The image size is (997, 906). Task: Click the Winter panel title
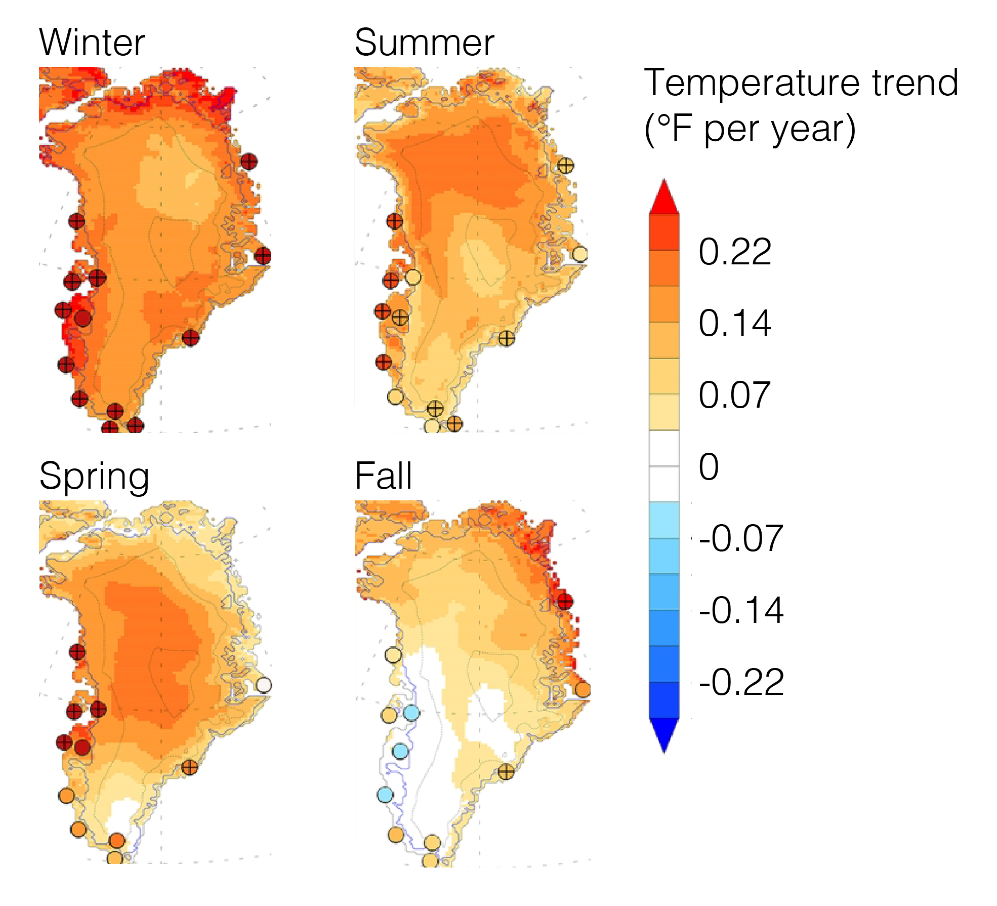[x=92, y=43]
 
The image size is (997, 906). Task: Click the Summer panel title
[x=424, y=43]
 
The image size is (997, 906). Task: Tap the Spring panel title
[x=94, y=477]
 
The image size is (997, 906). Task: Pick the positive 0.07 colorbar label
[x=735, y=395]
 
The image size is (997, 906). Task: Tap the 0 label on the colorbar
[x=709, y=467]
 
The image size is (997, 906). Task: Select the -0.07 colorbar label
[x=741, y=538]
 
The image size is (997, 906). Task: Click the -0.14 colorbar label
[x=741, y=610]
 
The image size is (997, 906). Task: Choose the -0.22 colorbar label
[x=741, y=682]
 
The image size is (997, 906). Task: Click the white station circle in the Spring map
[x=264, y=685]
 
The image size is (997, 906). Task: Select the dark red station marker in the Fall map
[x=565, y=602]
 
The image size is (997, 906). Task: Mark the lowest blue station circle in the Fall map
[x=385, y=795]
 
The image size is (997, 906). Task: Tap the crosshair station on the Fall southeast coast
[x=506, y=772]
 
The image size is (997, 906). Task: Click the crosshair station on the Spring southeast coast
[x=190, y=767]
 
